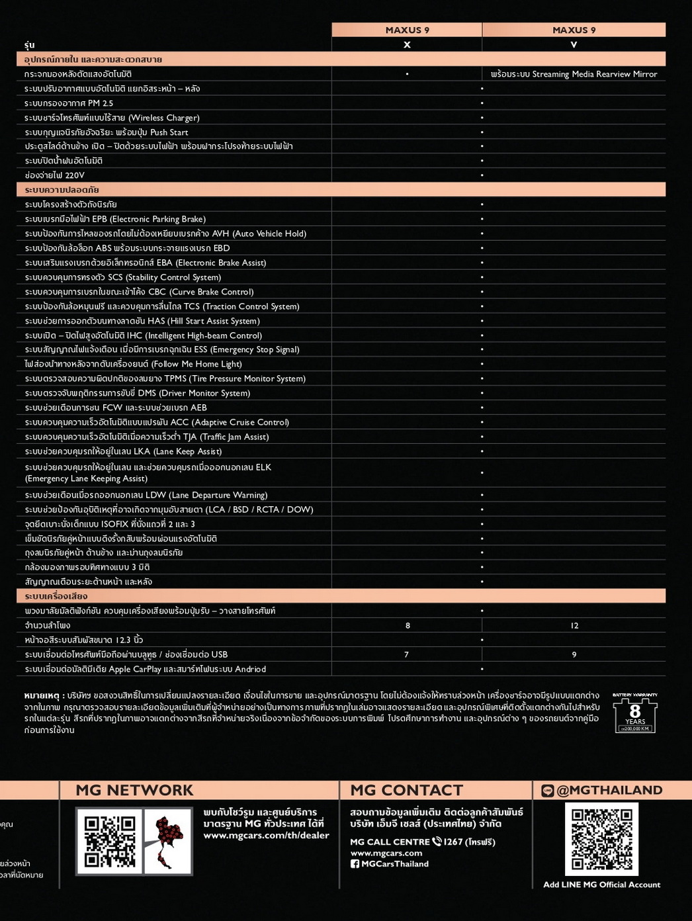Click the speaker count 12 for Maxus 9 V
[x=574, y=625]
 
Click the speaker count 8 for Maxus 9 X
[x=408, y=625]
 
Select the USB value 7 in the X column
[x=406, y=654]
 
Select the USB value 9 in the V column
[x=574, y=654]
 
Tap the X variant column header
[x=407, y=44]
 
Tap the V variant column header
[x=574, y=44]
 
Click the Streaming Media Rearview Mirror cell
[x=574, y=74]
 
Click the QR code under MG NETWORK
[x=110, y=841]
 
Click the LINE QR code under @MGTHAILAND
[x=601, y=839]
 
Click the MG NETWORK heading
[x=134, y=790]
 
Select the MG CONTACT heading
[x=406, y=790]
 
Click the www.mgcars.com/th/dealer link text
[x=266, y=835]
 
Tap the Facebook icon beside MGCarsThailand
[x=355, y=864]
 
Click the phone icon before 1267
[x=437, y=842]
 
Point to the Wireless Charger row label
[x=112, y=118]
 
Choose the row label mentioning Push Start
[x=106, y=132]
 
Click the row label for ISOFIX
[x=110, y=524]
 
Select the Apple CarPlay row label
[x=145, y=669]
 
